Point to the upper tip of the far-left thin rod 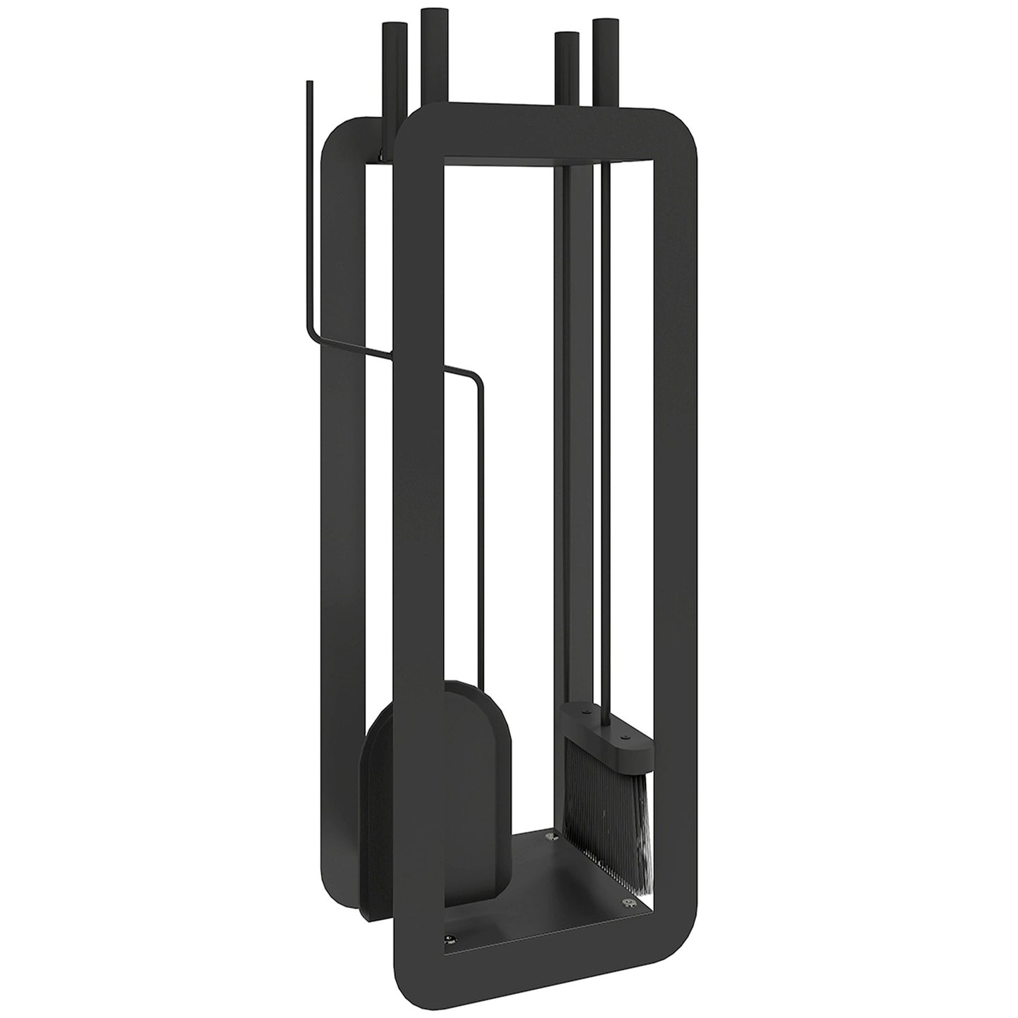point(308,84)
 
